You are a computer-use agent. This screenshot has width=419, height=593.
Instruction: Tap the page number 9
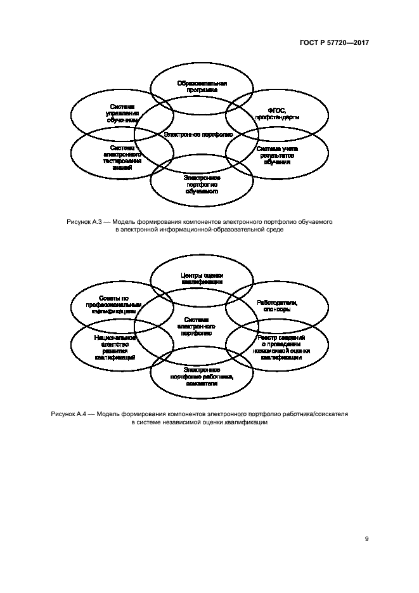tap(366, 538)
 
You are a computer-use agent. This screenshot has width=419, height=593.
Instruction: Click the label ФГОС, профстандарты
tap(277, 114)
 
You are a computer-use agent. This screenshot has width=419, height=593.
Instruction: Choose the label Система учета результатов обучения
tap(277, 155)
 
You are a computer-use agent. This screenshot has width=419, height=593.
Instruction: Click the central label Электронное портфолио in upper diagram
tap(198, 134)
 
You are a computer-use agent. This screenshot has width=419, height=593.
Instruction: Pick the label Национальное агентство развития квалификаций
tap(119, 348)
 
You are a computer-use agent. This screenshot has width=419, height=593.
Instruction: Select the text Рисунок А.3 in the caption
tap(80, 222)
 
